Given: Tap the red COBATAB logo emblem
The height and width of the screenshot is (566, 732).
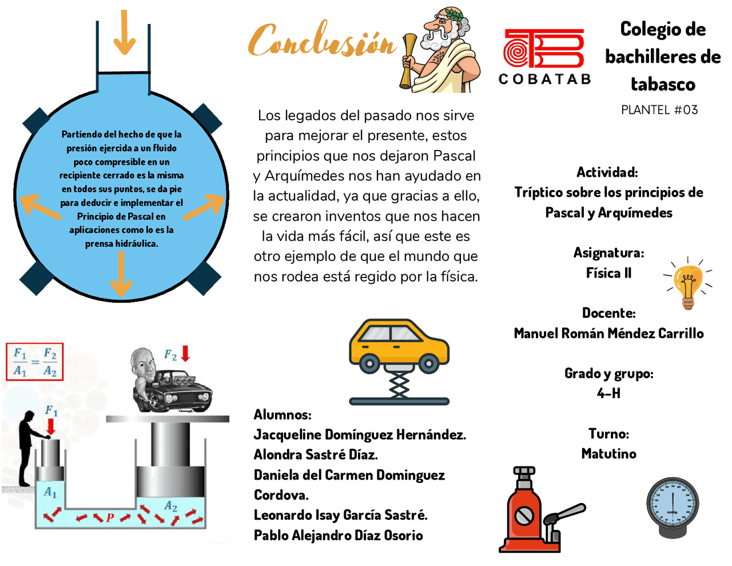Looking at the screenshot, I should tap(543, 49).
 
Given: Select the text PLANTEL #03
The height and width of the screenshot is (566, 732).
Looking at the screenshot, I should tap(659, 110).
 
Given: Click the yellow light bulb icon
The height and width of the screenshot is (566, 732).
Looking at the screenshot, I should tap(688, 283).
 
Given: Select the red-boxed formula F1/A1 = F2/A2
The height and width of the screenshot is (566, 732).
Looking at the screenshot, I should tap(35, 362).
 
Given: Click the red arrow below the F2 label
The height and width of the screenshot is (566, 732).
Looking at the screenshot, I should tap(185, 354).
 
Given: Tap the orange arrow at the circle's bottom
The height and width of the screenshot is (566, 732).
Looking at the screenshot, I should tap(121, 275).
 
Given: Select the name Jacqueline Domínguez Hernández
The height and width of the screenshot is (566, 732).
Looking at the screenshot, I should tap(360, 435).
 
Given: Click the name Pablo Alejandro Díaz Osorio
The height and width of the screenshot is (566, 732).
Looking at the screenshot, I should tap(339, 536).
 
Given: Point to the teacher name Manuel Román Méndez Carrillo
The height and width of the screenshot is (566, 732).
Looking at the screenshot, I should tap(608, 334).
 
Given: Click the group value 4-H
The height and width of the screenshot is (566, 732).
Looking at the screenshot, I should tap(608, 394).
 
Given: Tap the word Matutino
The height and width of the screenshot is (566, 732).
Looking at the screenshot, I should tap(608, 454).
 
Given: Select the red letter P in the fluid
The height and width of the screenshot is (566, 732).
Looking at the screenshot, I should tap(110, 517).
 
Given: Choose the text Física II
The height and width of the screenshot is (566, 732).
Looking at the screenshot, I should tap(608, 273).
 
